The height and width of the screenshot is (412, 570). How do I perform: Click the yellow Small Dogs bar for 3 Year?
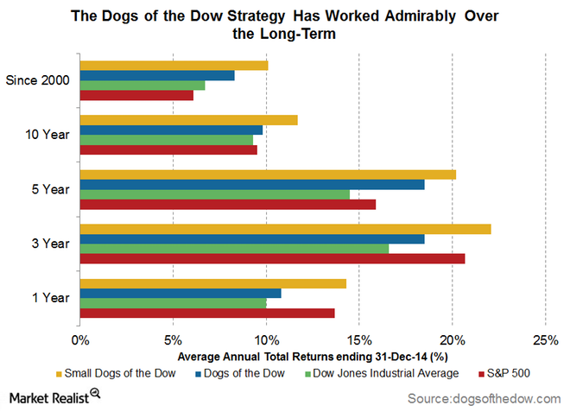tap(285, 229)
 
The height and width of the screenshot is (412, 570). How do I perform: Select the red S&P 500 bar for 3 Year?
tap(272, 258)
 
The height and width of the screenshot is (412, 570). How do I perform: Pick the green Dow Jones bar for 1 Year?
tap(173, 303)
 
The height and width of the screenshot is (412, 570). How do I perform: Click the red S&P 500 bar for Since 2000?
tap(136, 95)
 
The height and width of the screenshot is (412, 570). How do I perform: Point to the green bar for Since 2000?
tap(142, 85)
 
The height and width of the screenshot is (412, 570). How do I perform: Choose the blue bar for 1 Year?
tap(180, 294)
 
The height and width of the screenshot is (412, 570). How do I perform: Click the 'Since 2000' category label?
tap(37, 80)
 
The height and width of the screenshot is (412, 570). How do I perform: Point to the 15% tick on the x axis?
tap(359, 339)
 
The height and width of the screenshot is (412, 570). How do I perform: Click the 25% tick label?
tap(545, 339)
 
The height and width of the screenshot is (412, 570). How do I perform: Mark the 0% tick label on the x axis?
tap(80, 339)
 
